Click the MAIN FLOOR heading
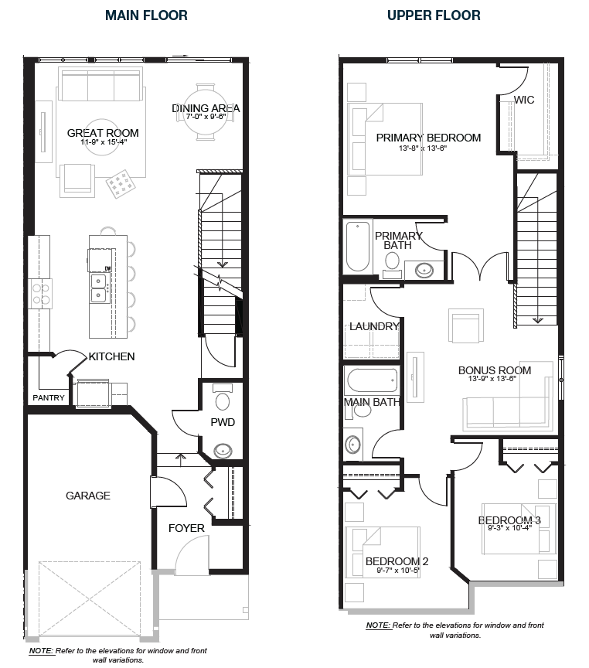(146, 15)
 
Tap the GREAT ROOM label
(102, 132)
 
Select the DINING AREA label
(206, 108)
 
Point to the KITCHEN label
(111, 356)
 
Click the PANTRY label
(49, 398)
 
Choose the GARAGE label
(87, 496)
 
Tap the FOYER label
(186, 528)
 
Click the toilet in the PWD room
(223, 398)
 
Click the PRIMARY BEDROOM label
(428, 138)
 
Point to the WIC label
(525, 100)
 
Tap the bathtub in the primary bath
(358, 246)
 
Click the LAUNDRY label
(374, 326)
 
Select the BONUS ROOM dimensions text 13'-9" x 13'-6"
(494, 379)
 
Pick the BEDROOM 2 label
(397, 561)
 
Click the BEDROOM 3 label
(509, 520)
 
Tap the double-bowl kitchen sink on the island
(98, 288)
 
